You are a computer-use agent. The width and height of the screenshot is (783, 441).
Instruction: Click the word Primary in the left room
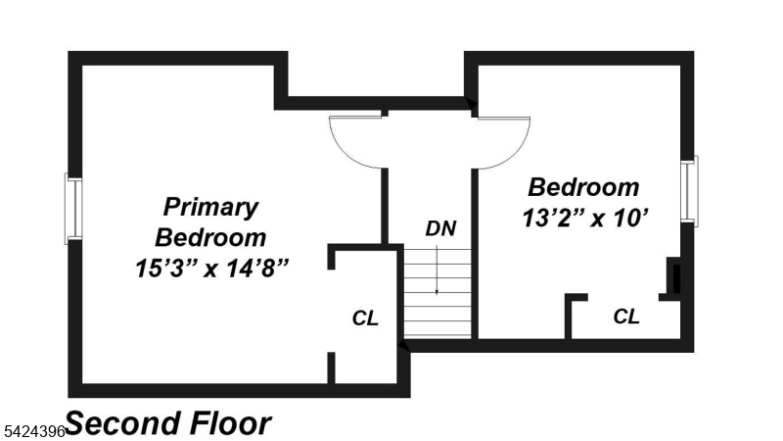pos(211,208)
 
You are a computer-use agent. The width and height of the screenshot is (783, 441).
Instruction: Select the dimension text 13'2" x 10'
pos(585,217)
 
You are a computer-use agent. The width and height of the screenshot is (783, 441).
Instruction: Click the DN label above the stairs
pos(440,228)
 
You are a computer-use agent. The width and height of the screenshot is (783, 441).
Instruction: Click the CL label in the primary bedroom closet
pos(365,318)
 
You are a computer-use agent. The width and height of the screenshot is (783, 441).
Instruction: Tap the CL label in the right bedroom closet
pos(626,317)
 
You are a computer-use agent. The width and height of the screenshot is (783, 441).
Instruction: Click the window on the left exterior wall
pos(72,209)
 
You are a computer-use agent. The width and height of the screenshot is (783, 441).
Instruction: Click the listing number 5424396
pos(32,430)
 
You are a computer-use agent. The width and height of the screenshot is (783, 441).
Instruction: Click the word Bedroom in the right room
pos(583,187)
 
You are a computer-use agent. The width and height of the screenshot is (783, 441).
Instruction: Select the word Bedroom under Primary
pos(211,237)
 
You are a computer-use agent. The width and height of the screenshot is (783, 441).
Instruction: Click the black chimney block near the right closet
pos(674,276)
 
